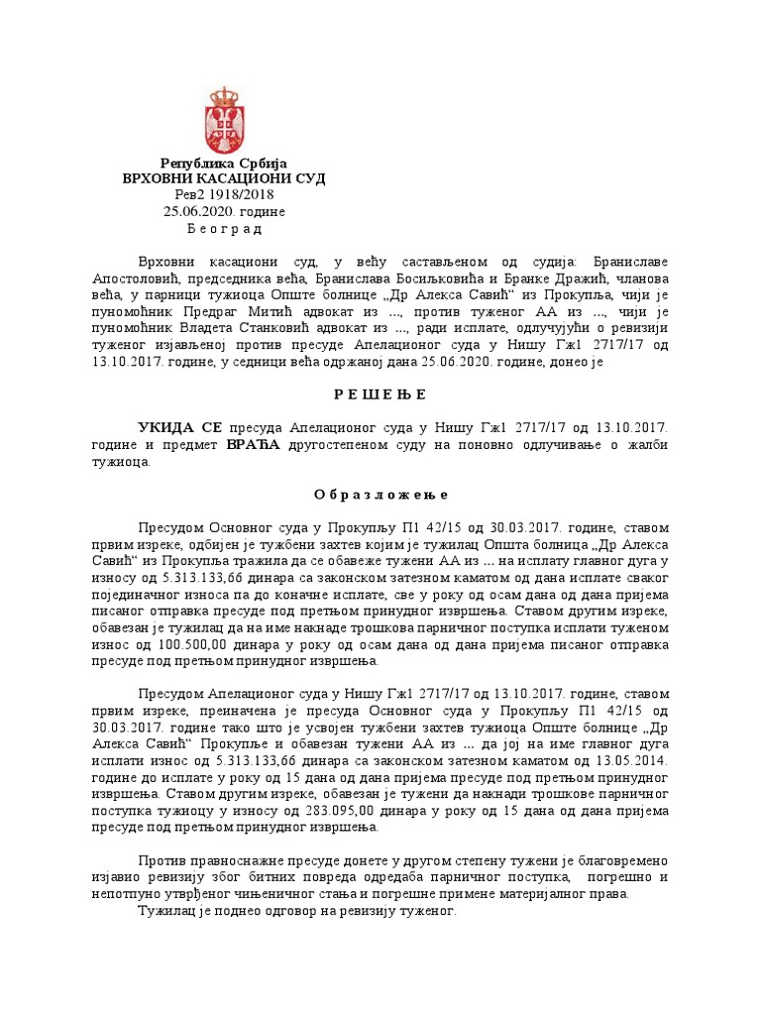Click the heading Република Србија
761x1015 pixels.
pos(224,163)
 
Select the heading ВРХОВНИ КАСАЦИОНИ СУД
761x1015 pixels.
pos(224,178)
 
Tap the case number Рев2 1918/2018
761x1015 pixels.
pos(224,195)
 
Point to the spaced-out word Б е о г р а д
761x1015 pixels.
pos(224,229)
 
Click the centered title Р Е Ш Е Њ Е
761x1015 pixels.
pos(380,395)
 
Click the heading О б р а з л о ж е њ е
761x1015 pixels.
pos(380,494)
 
